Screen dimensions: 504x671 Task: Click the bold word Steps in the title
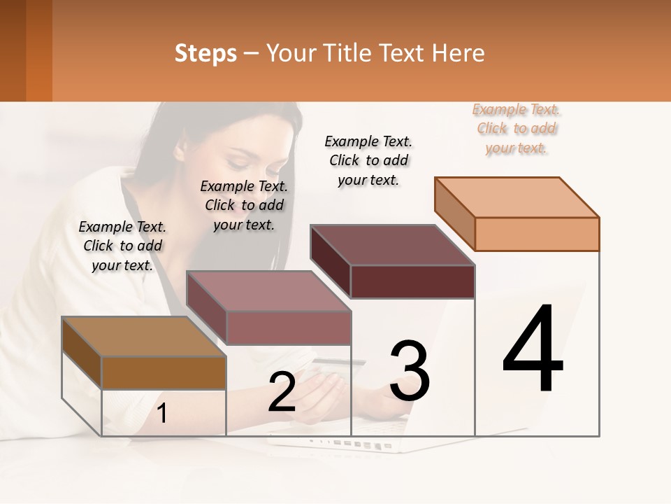tap(205, 53)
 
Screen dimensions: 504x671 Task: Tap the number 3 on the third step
tap(410, 372)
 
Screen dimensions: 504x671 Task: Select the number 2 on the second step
tap(282, 393)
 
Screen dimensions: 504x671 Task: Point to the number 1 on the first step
tap(162, 414)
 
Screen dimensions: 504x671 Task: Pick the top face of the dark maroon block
tap(392, 245)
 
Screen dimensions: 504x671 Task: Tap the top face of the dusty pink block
tap(268, 290)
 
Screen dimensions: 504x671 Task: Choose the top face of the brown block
tap(144, 337)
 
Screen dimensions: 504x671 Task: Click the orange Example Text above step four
tap(517, 129)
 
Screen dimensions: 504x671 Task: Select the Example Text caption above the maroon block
tap(368, 160)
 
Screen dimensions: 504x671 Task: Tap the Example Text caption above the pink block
tap(244, 205)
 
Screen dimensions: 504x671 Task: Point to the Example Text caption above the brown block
tap(122, 246)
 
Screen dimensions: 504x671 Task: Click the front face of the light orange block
tap(537, 234)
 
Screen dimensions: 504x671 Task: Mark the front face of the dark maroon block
tap(412, 281)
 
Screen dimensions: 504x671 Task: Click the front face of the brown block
tap(164, 372)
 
